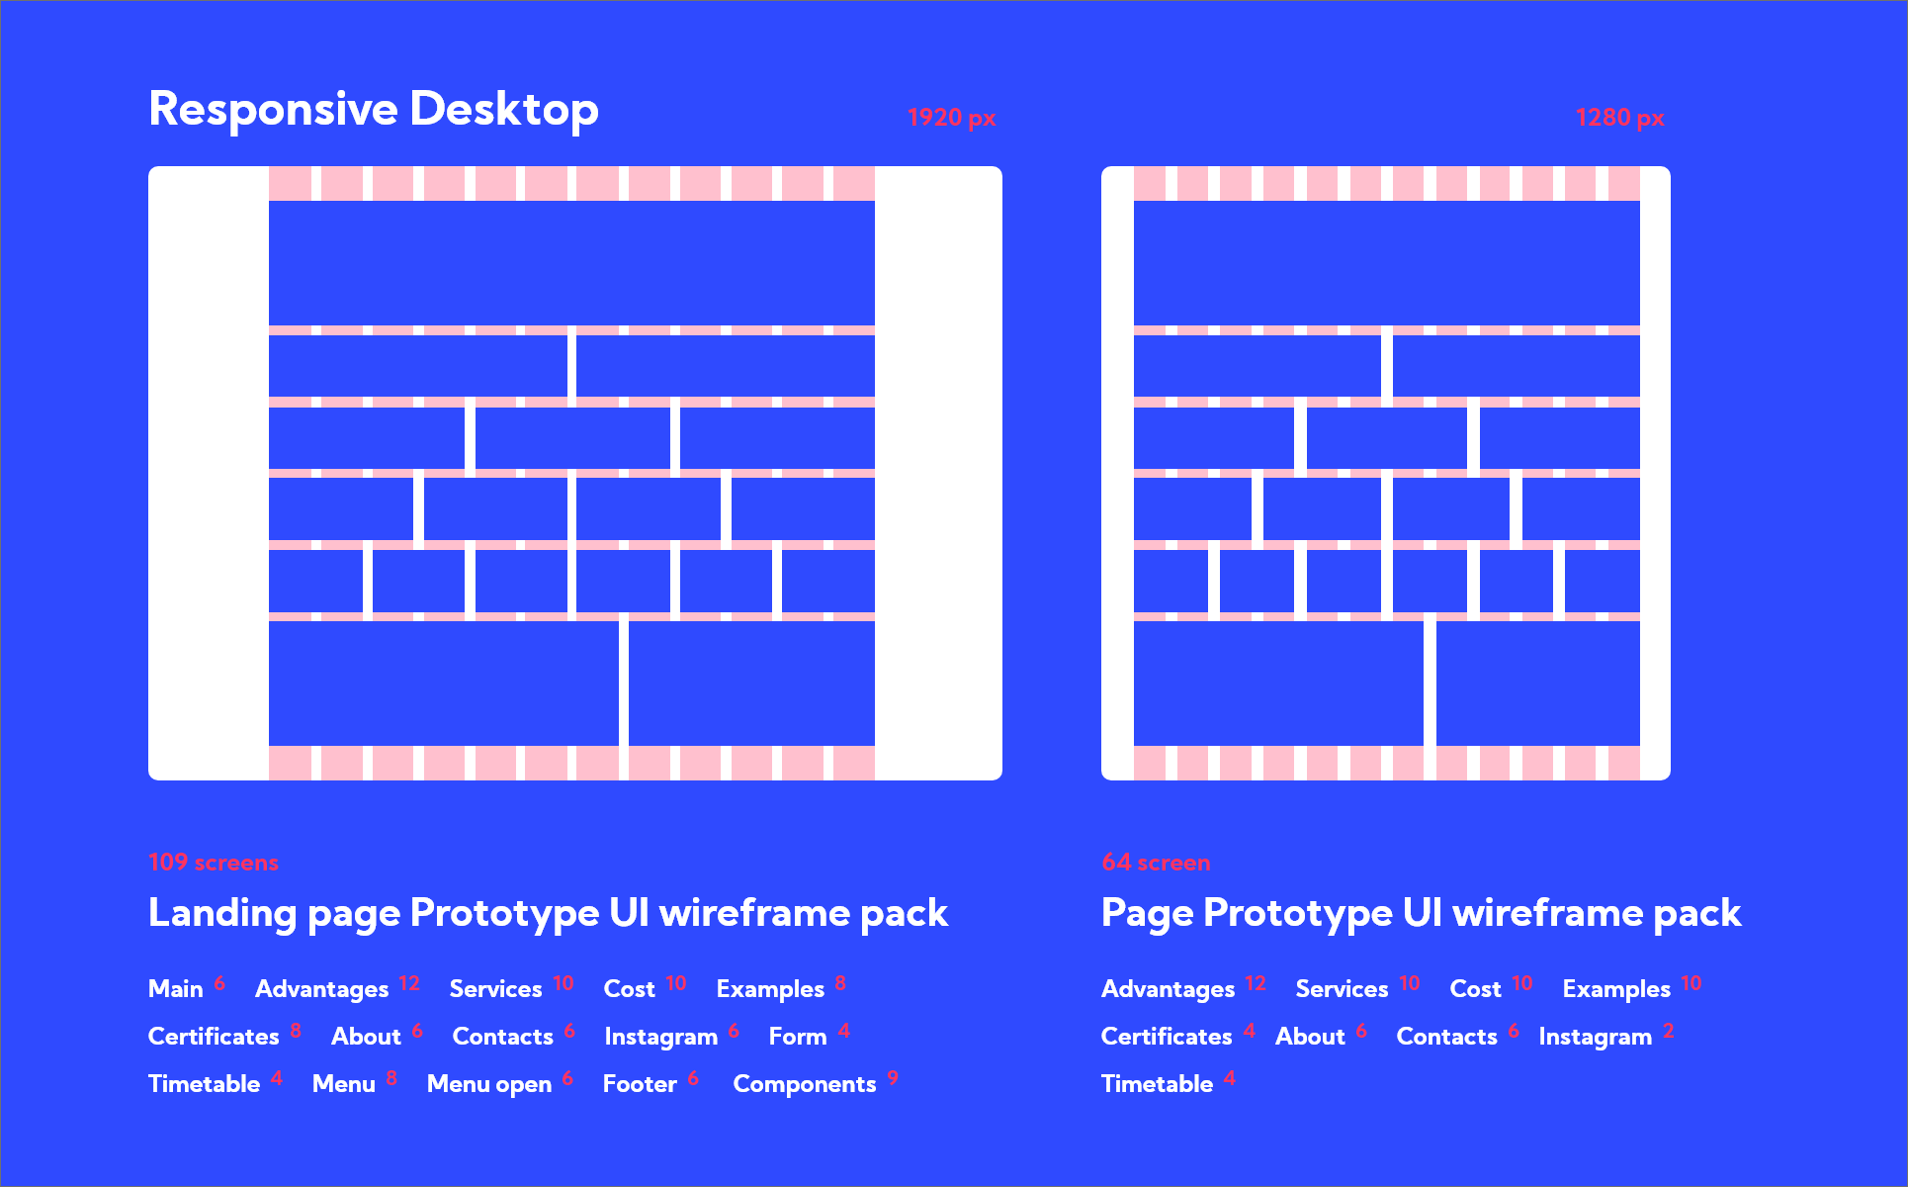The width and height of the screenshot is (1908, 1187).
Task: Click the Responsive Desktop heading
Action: click(373, 109)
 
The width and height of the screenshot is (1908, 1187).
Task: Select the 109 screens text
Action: click(214, 863)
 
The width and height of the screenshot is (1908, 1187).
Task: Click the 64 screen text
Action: click(1156, 863)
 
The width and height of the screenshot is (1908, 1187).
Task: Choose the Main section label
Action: click(175, 989)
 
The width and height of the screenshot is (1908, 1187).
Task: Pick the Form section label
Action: click(798, 1037)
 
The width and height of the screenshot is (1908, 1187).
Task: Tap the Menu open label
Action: click(489, 1084)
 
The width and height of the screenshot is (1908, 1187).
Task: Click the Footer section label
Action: click(640, 1084)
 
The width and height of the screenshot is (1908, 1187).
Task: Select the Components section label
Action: click(805, 1084)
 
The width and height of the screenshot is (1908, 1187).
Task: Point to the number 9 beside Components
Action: click(893, 1077)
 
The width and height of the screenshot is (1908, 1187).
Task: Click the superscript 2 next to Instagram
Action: click(1669, 1031)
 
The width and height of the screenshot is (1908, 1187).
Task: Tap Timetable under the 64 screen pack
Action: click(1157, 1084)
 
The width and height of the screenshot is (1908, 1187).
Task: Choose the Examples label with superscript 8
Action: click(770, 989)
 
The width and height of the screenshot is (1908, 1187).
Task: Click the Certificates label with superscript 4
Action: click(1167, 1037)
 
